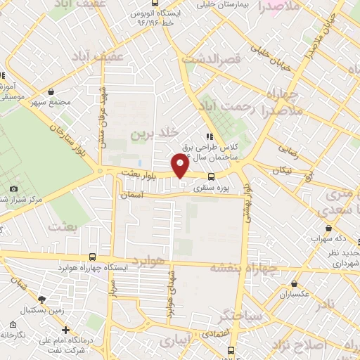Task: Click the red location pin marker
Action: click(181, 165)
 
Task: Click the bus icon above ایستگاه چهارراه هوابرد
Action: click(94, 257)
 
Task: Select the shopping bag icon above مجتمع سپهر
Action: click(51, 91)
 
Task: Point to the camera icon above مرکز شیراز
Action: click(14, 188)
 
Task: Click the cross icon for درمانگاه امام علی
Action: click(65, 330)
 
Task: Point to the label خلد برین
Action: click(160, 132)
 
